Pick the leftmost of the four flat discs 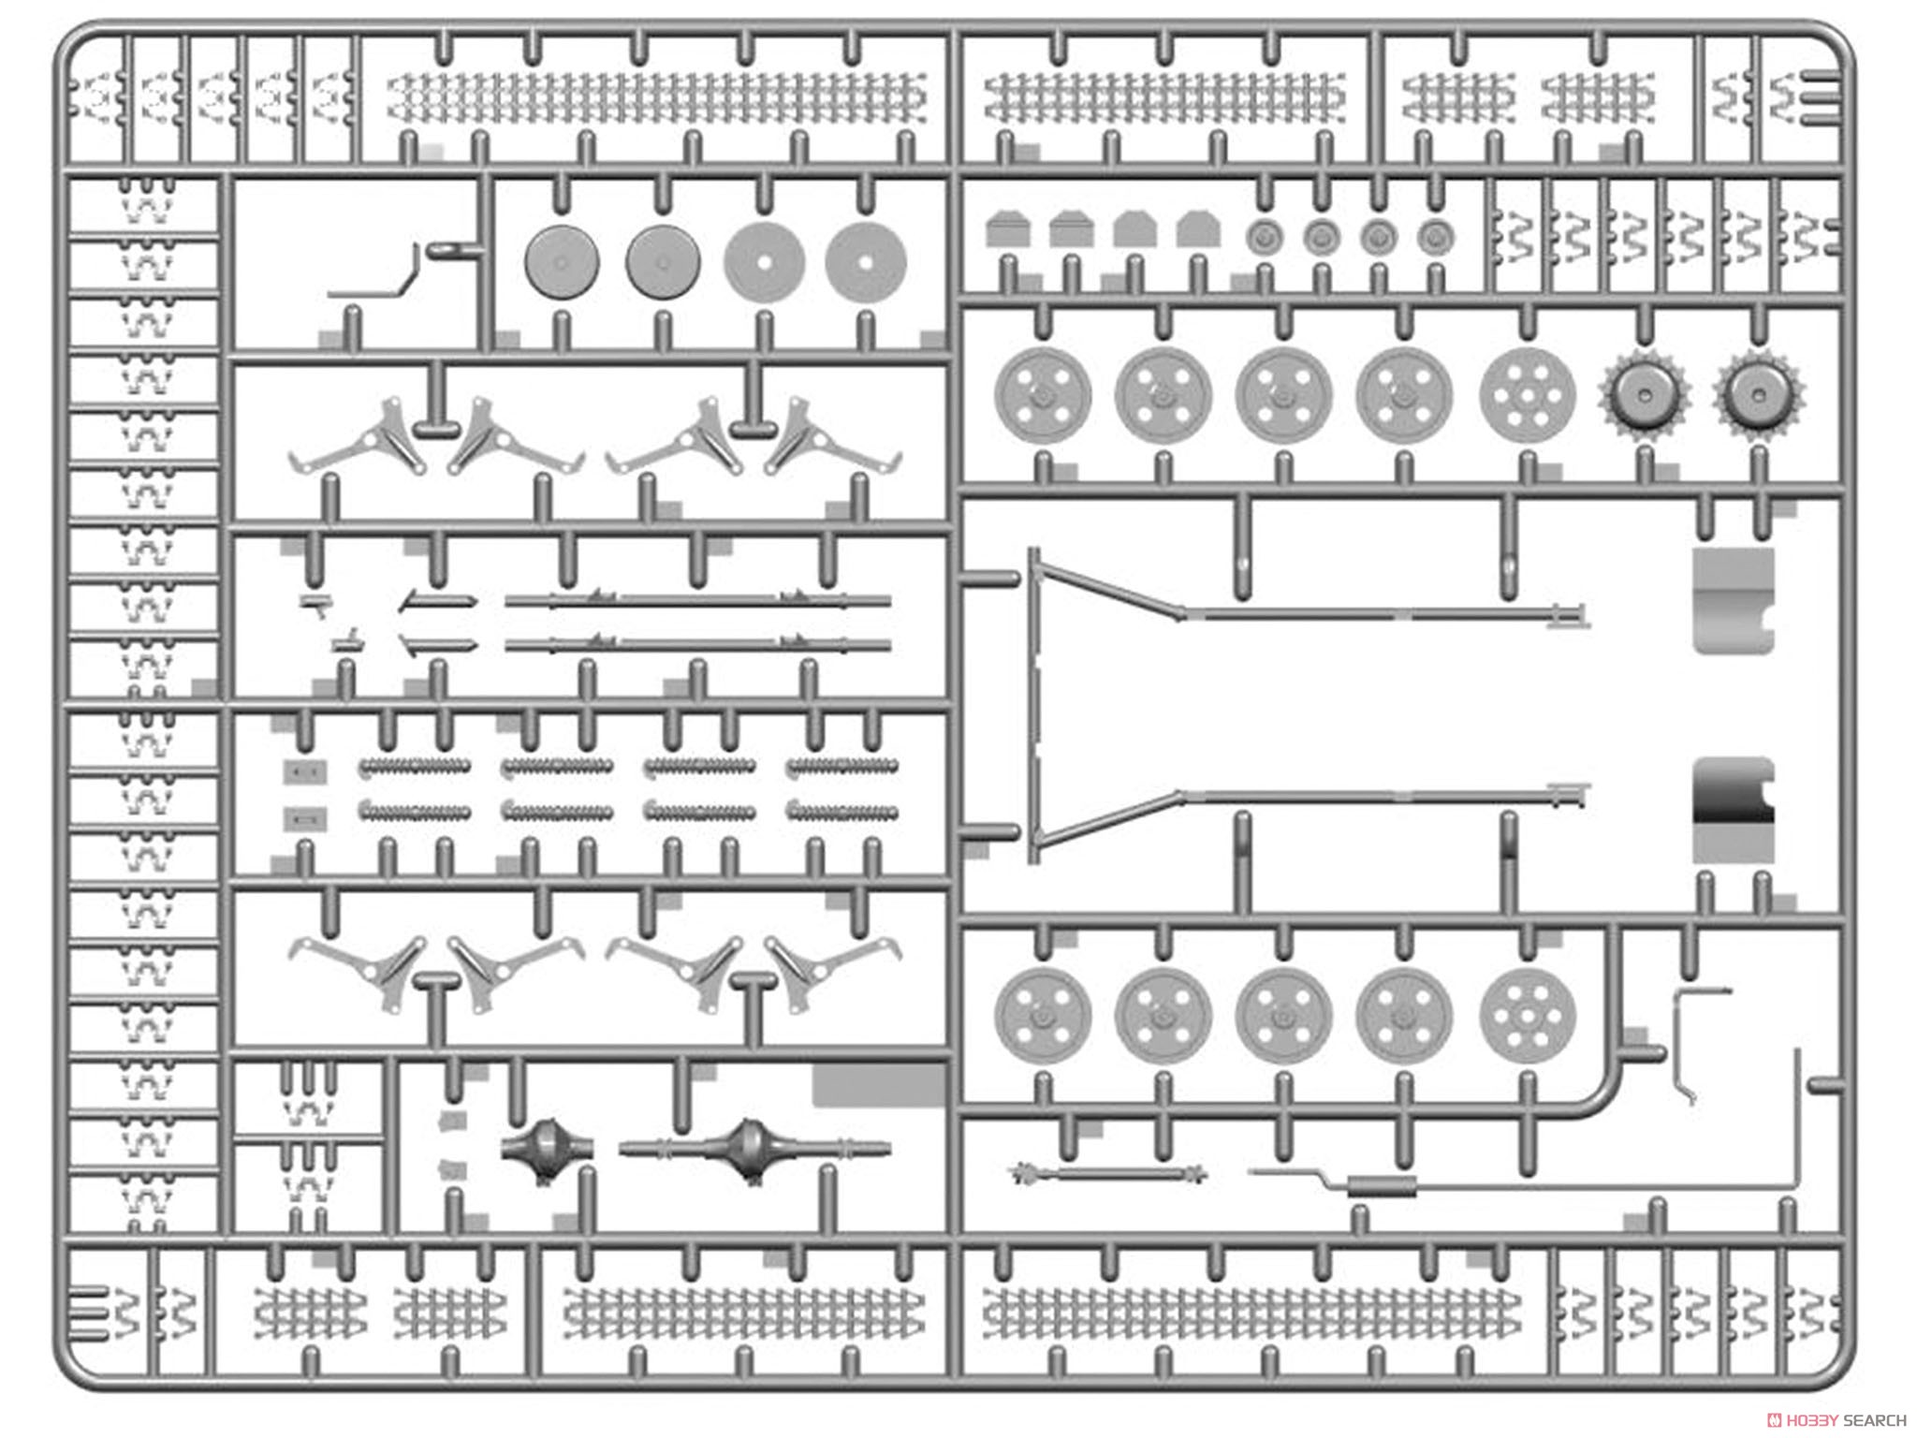tap(562, 261)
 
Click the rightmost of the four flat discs tap(866, 261)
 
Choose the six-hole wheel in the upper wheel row tap(1528, 394)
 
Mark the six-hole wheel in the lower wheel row tap(1528, 1017)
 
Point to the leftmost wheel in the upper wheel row tap(1043, 394)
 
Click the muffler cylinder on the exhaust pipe tap(1382, 1187)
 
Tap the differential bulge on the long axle tap(751, 1149)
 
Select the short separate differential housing tap(547, 1149)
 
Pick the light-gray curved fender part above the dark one tap(1734, 600)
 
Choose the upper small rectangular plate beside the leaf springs tap(305, 772)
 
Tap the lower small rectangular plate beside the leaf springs tap(305, 820)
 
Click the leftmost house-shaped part tap(1008, 229)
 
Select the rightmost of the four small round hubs tap(1435, 238)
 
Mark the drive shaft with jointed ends tap(1108, 1173)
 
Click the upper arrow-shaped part tap(438, 601)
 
